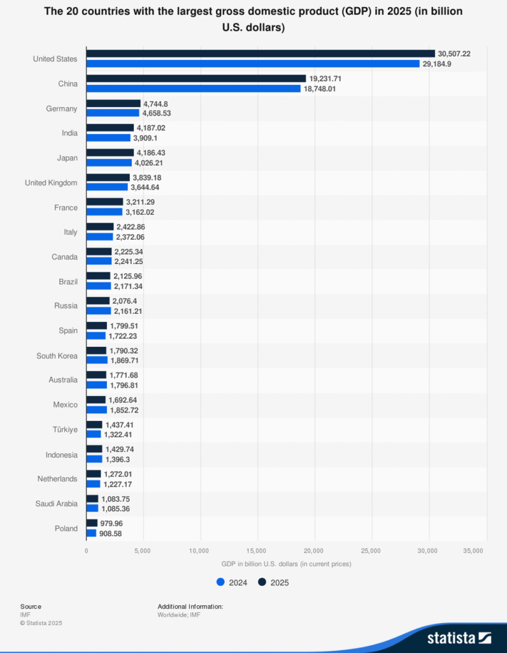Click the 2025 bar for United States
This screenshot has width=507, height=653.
point(261,54)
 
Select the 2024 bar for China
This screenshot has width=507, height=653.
point(193,89)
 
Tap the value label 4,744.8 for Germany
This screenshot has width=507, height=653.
point(156,103)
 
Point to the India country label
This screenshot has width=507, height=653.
point(69,133)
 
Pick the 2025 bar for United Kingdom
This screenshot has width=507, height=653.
point(108,177)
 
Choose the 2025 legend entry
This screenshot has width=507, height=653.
point(274,582)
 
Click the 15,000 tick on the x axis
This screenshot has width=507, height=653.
point(257,550)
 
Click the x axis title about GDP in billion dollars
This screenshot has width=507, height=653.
point(286,564)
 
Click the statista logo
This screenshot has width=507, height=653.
point(459,637)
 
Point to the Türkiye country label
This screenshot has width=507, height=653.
point(64,430)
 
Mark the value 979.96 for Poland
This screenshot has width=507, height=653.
point(113,523)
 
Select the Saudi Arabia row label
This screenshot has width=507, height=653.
point(56,504)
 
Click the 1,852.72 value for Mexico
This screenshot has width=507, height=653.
point(124,409)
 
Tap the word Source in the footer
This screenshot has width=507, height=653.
point(31,606)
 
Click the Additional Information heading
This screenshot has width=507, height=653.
point(190,606)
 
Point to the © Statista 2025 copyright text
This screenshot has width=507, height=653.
point(41,623)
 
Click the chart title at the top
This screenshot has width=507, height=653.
point(253,20)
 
